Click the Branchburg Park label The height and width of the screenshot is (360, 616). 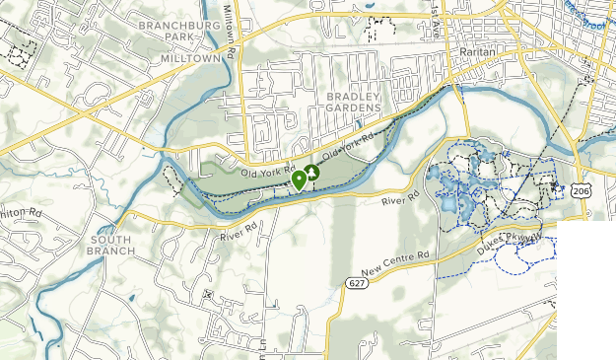(x=176, y=31)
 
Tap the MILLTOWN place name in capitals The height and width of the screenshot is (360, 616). (x=191, y=58)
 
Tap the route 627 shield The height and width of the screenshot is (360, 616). (x=356, y=283)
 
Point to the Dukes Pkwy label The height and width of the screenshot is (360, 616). (x=511, y=240)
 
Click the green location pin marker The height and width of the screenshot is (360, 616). (x=299, y=180)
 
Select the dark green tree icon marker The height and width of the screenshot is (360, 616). (x=313, y=174)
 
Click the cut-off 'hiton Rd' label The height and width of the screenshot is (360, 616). (x=21, y=211)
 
